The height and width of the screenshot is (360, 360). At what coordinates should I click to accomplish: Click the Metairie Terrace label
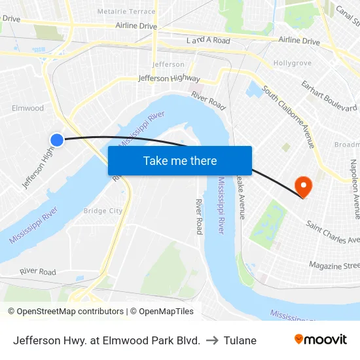click(x=126, y=12)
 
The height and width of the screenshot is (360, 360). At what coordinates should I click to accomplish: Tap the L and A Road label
click(x=208, y=41)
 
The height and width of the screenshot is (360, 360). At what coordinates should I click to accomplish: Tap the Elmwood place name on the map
click(x=27, y=108)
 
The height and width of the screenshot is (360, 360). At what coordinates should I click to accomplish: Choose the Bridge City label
click(x=103, y=211)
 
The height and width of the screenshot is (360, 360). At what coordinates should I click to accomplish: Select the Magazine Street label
click(x=334, y=266)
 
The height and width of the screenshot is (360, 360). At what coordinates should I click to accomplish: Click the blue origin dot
click(x=57, y=139)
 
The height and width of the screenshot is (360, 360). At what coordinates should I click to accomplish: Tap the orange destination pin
click(x=304, y=187)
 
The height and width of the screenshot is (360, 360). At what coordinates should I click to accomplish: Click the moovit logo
click(x=321, y=339)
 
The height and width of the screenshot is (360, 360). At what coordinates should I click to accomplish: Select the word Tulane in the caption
click(x=240, y=340)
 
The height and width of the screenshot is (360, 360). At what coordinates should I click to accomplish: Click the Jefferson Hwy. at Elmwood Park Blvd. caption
click(x=107, y=340)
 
